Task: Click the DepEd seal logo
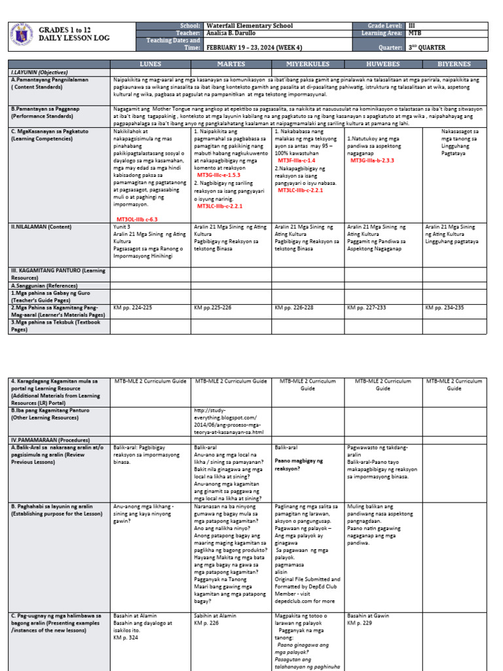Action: click(23, 35)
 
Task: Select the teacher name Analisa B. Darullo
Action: click(233, 33)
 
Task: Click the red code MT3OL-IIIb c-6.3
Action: click(137, 219)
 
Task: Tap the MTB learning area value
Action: click(415, 33)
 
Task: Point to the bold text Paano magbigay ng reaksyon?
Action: click(299, 465)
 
